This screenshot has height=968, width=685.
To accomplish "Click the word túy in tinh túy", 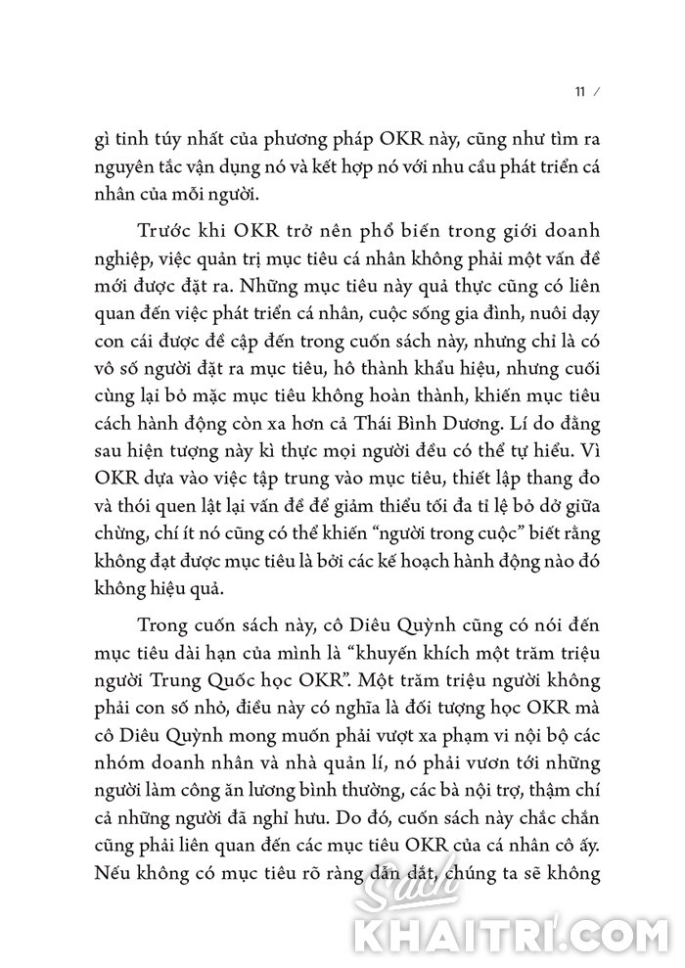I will [x=171, y=137].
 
